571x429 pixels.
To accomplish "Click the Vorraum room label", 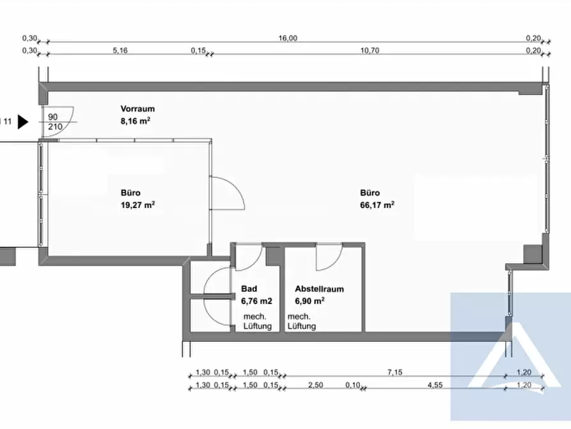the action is [137, 109].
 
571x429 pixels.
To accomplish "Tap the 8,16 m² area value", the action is [136, 121].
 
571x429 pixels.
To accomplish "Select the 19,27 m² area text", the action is [137, 205].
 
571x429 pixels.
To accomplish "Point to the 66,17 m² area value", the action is [377, 205].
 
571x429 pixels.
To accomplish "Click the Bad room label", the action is [249, 289].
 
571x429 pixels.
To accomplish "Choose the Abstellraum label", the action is [319, 289].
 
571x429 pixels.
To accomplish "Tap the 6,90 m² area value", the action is [309, 301].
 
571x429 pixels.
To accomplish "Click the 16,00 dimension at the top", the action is [288, 38].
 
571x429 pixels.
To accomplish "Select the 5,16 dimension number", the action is [120, 51].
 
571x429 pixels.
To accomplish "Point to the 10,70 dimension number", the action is [370, 51].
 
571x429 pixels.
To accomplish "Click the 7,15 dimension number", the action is [395, 373].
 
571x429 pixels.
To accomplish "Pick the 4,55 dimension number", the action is [435, 385].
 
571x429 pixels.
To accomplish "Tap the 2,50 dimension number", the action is [315, 385].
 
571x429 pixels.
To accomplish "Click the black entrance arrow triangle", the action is [23, 122].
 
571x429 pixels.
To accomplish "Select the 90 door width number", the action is [53, 117].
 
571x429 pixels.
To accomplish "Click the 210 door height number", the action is [55, 127].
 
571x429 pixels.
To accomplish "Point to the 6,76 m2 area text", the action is [256, 301].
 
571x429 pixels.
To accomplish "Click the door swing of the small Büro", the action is [237, 186].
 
